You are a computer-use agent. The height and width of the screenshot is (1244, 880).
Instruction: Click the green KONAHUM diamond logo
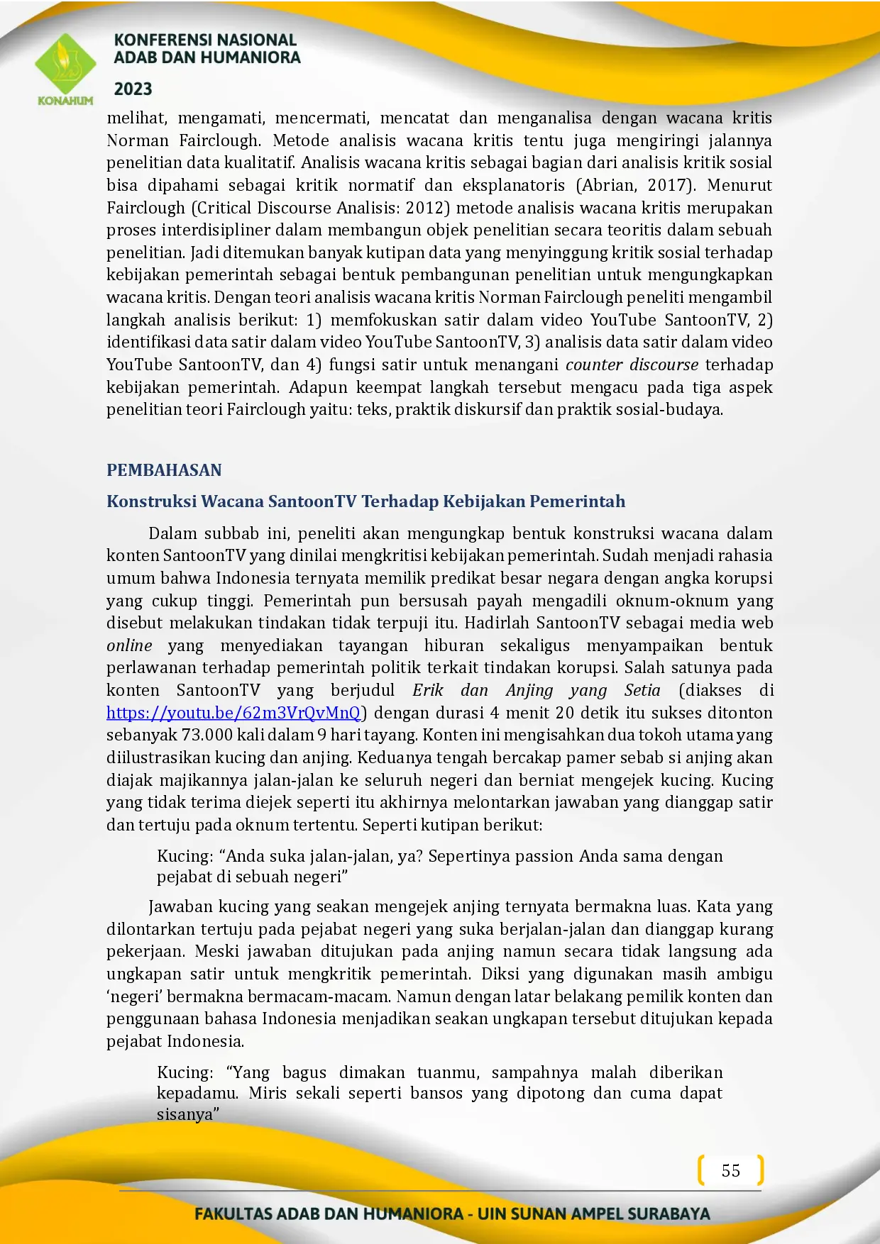pos(65,65)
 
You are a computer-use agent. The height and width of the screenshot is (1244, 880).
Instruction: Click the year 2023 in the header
pos(133,89)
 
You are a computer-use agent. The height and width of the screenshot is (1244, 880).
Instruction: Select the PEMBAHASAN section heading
pos(164,470)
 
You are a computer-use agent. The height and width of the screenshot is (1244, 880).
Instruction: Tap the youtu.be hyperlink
pos(233,713)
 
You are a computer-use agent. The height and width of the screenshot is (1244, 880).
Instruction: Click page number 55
pos(731,1170)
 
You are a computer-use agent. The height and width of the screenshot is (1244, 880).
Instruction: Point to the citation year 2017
pos(666,185)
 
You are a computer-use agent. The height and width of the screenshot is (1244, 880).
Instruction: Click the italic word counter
pos(594,365)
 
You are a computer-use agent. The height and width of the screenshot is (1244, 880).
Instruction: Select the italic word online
pos(129,645)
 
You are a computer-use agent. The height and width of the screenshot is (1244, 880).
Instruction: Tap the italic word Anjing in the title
pos(529,690)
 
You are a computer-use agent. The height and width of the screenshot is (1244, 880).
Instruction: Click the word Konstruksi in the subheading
pos(151,501)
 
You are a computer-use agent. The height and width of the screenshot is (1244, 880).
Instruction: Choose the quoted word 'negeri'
pos(134,996)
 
